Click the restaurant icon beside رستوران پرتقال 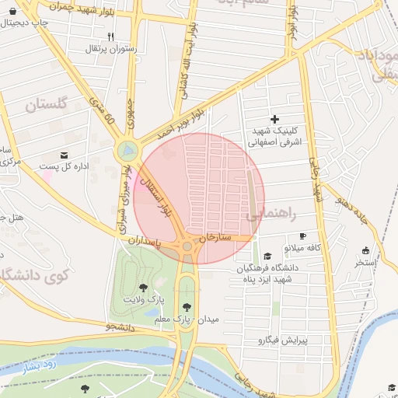[x=111, y=37]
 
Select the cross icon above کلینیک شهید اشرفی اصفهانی [x=274, y=119]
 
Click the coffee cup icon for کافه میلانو [x=302, y=236]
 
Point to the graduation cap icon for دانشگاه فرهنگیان [x=267, y=256]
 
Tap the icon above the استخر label [x=366, y=250]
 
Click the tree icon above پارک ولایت [x=143, y=288]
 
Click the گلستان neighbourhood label [x=47, y=105]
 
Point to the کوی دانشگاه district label [x=35, y=274]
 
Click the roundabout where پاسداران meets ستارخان [x=187, y=246]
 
